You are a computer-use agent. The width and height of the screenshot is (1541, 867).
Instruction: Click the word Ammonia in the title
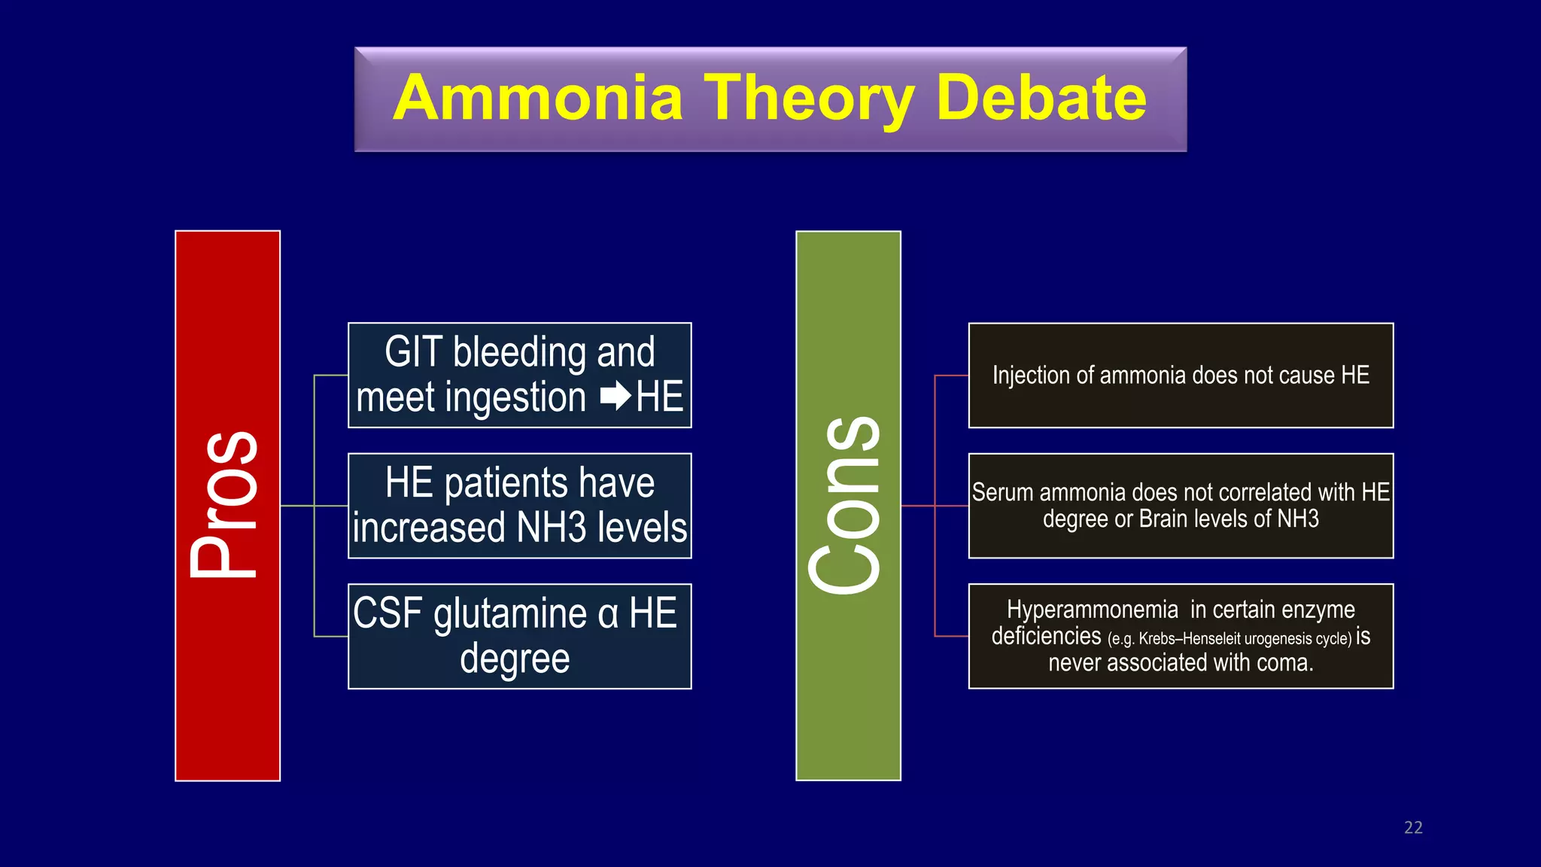click(538, 98)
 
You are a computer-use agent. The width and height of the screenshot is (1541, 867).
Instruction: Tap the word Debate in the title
click(1041, 98)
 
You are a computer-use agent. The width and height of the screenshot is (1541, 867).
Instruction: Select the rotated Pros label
click(225, 505)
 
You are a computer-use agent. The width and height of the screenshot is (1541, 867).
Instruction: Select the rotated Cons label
click(845, 505)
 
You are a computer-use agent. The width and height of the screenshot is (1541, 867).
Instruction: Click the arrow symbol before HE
click(615, 397)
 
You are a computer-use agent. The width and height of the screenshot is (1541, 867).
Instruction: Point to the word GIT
click(413, 352)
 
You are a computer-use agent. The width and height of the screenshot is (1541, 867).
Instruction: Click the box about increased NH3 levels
click(519, 506)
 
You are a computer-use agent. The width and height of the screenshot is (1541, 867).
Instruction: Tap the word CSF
click(388, 613)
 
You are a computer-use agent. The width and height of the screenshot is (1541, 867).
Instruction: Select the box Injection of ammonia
click(1180, 376)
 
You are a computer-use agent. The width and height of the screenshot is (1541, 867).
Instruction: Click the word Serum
click(1002, 492)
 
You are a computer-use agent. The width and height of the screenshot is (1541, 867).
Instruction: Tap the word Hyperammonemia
click(1092, 610)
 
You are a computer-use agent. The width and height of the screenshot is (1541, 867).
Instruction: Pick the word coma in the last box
click(1287, 663)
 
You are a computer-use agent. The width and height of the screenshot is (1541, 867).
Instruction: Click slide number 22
click(1413, 828)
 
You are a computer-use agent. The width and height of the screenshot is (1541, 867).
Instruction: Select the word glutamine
click(510, 615)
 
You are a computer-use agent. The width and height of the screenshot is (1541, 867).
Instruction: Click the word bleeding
click(520, 352)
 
